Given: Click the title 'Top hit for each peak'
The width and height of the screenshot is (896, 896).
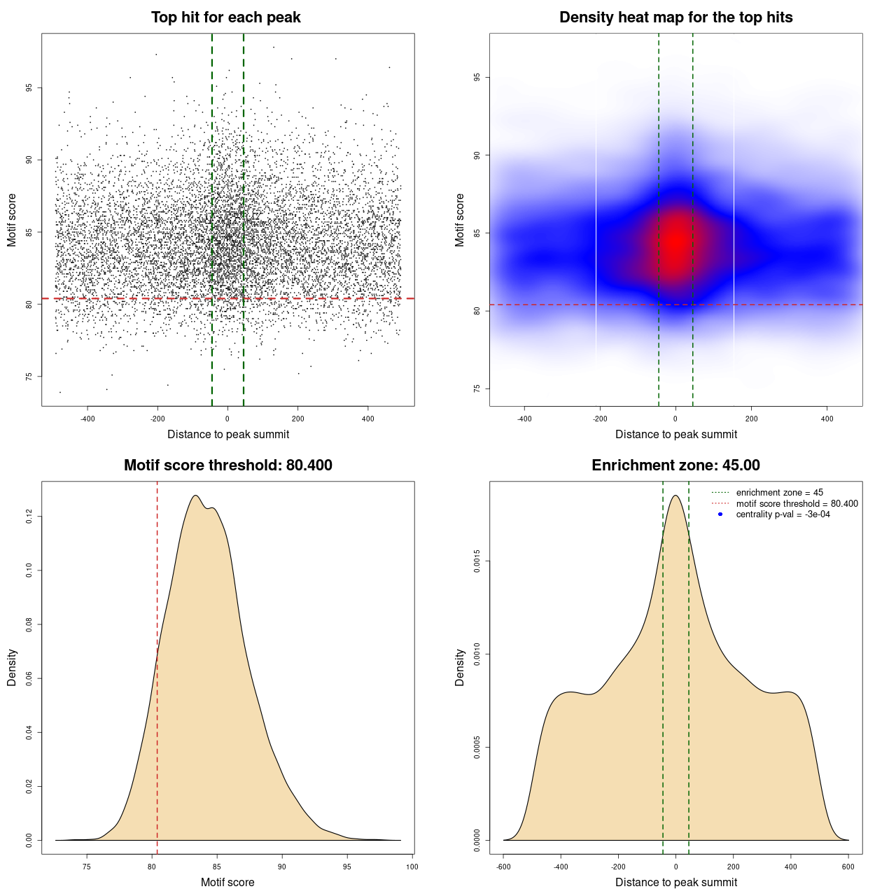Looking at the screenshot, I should coord(225,17).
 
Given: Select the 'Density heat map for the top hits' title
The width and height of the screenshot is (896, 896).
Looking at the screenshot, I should coord(675,17).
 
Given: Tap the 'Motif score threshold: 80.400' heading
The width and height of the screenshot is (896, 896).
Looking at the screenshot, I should coord(227,465).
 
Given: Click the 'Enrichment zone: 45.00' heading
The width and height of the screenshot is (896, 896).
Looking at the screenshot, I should coord(675,465).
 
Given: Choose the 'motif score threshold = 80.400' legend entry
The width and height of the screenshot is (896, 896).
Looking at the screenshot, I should coord(797,503).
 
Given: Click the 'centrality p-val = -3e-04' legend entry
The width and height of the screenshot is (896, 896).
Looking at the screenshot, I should coord(783,514).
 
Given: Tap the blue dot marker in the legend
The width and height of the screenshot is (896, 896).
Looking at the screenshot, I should coord(720,514).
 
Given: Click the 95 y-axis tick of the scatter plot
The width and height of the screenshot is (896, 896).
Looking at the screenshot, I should coord(29,88).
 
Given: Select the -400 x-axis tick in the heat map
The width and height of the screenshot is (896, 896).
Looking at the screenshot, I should coord(524,419).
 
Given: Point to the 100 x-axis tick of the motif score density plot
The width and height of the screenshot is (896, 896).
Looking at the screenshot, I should coord(412,867).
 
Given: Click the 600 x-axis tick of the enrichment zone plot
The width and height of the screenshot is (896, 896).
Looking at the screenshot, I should coord(848,867).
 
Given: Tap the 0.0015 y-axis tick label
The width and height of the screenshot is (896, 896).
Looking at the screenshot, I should coord(477,561).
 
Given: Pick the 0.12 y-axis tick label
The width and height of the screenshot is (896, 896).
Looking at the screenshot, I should coord(29,517).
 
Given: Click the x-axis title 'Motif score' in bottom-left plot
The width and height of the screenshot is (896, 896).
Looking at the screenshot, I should coord(227,882).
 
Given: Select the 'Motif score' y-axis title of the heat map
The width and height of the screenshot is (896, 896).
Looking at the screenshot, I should coord(460,220).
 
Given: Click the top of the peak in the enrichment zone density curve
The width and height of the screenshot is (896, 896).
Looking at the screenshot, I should coord(675,496).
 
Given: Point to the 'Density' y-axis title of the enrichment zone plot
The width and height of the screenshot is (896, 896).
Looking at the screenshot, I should coord(460,667).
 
